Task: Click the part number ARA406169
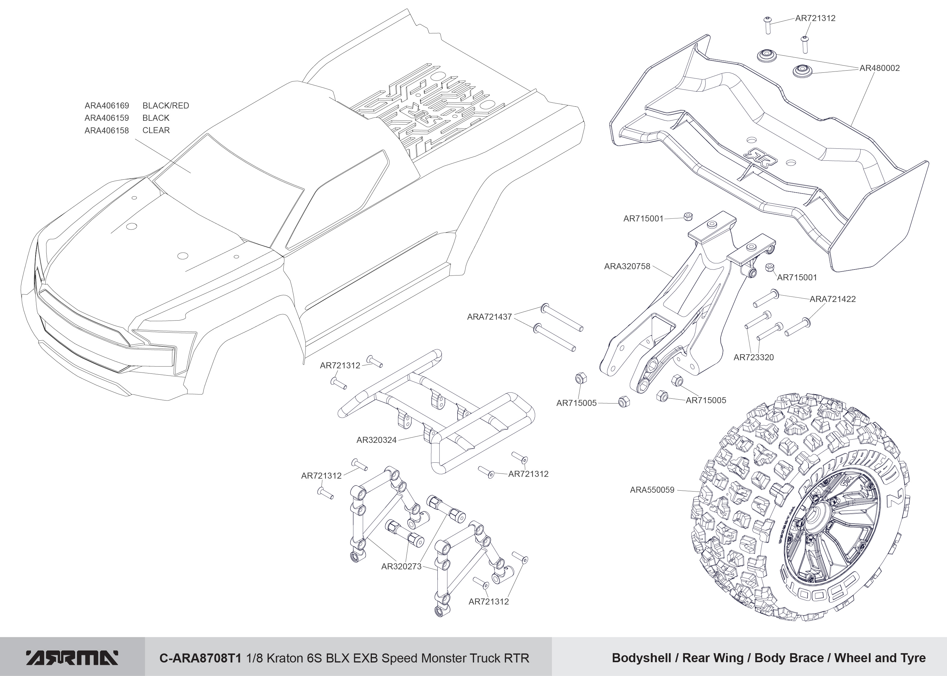point(107,106)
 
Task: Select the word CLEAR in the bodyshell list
point(156,130)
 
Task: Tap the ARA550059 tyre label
point(652,490)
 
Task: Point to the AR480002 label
point(880,68)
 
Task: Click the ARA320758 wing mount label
point(627,266)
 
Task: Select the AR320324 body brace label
point(376,440)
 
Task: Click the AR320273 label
point(401,567)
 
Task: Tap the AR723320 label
point(753,357)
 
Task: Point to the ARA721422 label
point(832,299)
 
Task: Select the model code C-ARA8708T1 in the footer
point(200,658)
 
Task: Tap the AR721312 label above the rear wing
point(815,18)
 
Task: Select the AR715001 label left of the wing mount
point(643,218)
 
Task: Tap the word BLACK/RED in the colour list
point(165,106)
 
